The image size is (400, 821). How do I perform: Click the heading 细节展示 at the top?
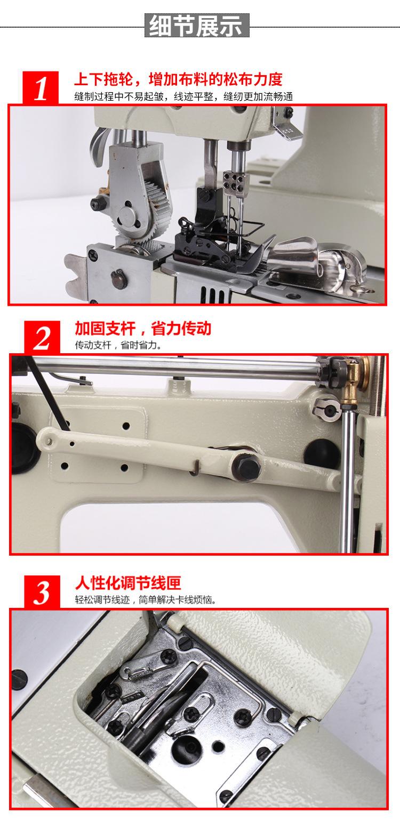tap(197, 25)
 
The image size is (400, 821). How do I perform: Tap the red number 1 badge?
tap(41, 87)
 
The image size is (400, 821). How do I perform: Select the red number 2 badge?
tap(42, 338)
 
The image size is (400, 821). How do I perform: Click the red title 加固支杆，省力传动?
tap(143, 328)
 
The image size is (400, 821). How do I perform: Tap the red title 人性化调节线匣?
tap(128, 583)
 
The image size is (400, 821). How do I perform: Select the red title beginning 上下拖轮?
tap(178, 79)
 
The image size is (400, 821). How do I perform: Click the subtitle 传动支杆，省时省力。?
tap(118, 345)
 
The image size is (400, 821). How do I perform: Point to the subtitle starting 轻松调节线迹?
tap(146, 600)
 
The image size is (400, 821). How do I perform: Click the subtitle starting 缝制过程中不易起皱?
tap(183, 97)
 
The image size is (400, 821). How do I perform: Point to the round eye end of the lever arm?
tap(47, 437)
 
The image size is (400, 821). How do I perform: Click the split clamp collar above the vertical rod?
tap(326, 409)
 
